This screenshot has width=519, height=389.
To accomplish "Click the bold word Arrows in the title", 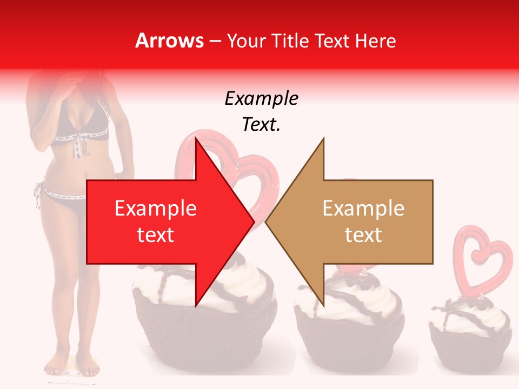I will tap(169, 41).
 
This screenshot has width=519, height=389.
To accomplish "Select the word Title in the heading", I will tap(289, 41).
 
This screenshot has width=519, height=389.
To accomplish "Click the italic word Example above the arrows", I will tap(261, 99).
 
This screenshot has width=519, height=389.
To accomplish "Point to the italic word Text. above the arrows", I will tap(261, 125).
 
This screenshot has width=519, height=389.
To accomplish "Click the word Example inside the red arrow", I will tap(156, 209).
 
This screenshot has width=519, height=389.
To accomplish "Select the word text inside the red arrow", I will tap(156, 235).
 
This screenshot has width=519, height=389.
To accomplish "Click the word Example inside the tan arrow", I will tap(363, 209).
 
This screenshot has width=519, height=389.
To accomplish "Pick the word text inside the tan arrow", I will tap(363, 235).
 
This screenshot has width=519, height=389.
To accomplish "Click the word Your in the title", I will tap(246, 41).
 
